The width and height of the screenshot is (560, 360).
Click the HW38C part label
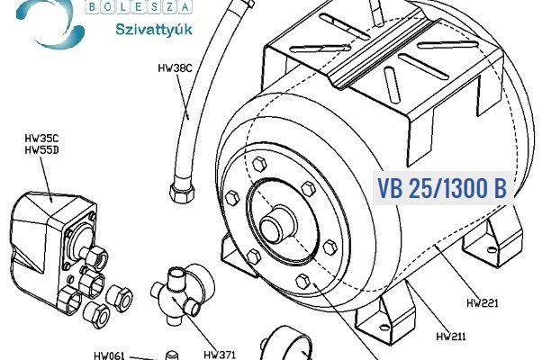click(175, 67)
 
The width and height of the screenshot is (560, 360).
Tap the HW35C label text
click(41, 138)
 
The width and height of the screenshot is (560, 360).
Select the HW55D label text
click(41, 150)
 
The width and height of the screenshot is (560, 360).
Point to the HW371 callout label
click(220, 355)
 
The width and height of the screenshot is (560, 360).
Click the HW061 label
click(110, 355)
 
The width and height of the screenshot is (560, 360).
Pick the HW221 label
click(483, 303)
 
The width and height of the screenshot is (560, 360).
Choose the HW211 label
click(451, 337)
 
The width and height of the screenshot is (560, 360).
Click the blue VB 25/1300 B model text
click(442, 188)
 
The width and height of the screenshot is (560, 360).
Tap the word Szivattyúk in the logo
click(154, 30)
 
